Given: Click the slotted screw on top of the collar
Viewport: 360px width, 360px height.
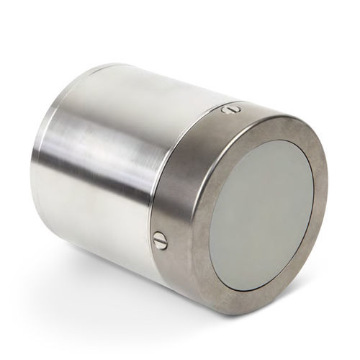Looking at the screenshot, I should coord(230,109).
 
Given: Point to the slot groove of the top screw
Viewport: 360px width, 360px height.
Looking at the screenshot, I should coord(230,109).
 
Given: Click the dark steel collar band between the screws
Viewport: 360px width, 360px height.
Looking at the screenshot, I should coord(189,173).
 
